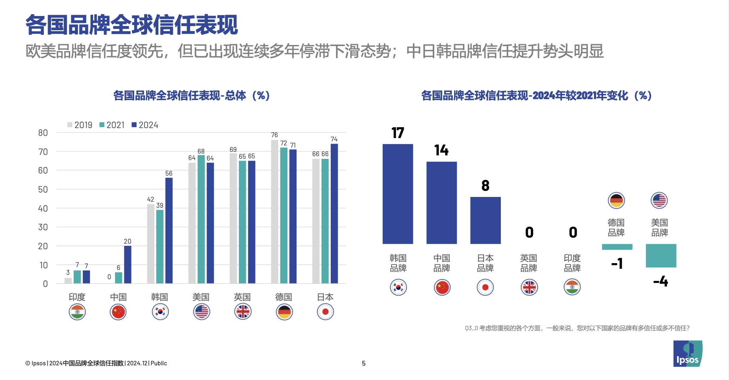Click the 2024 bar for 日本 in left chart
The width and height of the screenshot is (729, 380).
[x=334, y=214]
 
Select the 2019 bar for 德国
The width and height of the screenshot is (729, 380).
[x=274, y=212]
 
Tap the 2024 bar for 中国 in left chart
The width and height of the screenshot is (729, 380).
[x=128, y=264]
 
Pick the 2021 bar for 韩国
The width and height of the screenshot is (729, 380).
[x=160, y=247]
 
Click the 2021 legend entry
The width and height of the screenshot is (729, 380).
[x=112, y=125]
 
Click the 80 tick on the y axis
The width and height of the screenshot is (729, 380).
[x=43, y=133]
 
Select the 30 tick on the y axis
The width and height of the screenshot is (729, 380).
[x=43, y=227]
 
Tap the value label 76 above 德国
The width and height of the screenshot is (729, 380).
[x=274, y=135]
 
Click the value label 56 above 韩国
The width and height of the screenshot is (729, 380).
[x=169, y=174]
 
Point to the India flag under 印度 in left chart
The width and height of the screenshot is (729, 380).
[x=77, y=312]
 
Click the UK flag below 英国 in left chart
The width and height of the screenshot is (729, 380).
[x=243, y=312]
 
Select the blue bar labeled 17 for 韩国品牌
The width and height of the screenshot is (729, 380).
[x=398, y=194]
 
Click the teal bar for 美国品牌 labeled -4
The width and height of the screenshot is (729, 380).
[x=661, y=255]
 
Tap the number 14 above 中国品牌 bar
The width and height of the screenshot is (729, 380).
[x=442, y=150]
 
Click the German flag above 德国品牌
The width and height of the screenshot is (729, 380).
[x=616, y=200]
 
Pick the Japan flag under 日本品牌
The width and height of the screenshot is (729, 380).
[x=485, y=287]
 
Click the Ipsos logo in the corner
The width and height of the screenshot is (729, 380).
[x=687, y=354]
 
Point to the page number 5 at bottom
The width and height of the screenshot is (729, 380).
[x=364, y=364]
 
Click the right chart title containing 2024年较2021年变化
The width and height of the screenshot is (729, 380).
[x=536, y=96]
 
